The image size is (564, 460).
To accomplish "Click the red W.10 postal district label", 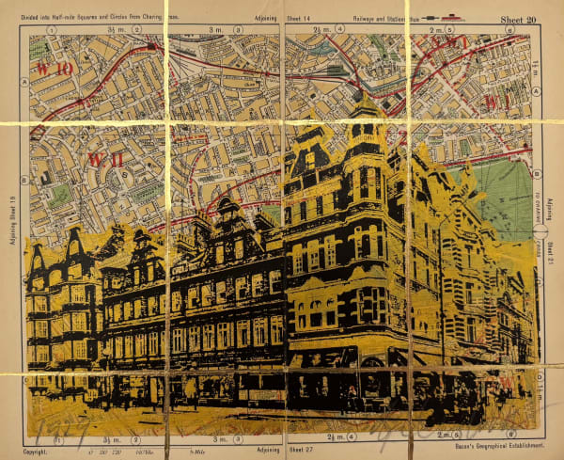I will pos(55,69).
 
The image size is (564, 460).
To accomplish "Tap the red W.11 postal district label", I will pos(105,159).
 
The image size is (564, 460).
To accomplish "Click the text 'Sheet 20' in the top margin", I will pos(522,17).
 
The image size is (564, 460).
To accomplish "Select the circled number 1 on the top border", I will pos(53,30).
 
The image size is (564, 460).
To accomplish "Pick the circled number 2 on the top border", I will pos(145,30).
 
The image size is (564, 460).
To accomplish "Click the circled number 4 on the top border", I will pos(331,30).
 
